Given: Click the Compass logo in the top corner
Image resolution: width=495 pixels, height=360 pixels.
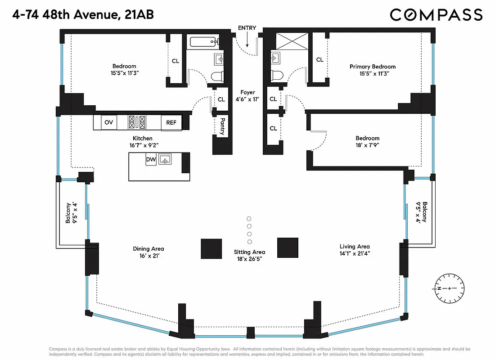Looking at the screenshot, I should click(x=436, y=15).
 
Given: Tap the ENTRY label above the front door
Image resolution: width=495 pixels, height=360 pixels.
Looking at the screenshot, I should click(x=247, y=28).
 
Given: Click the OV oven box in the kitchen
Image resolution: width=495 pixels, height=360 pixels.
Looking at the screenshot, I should click(x=108, y=122).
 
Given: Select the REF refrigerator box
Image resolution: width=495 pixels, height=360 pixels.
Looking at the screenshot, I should click(x=171, y=122).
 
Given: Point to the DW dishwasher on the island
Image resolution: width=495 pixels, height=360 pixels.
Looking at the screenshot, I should click(x=151, y=159).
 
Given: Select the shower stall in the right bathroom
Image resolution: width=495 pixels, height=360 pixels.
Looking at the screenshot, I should click(x=289, y=41).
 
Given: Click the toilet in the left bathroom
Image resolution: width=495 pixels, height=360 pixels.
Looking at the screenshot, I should click(x=217, y=76).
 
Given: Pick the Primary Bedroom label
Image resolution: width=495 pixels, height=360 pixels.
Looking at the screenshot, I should click(x=373, y=67).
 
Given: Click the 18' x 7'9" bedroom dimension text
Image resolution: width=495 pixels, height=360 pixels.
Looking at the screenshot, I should click(x=368, y=146).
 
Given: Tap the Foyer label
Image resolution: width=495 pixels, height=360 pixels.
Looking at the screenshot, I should click(x=247, y=92).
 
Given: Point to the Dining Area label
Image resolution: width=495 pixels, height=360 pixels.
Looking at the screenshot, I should click(x=148, y=248).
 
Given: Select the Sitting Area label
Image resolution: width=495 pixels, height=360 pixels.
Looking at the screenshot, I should click(x=249, y=252).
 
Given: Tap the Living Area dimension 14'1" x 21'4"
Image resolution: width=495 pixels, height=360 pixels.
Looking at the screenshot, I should click(x=355, y=254).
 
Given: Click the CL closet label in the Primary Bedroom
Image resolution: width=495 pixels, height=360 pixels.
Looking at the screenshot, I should click(x=319, y=59).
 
